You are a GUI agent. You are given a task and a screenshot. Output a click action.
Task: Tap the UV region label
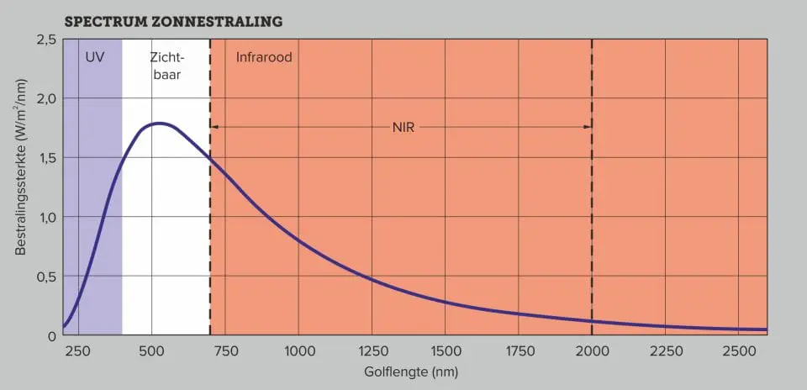pyautogui.click(x=94, y=58)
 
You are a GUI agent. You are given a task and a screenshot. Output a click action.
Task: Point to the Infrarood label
pyautogui.click(x=264, y=58)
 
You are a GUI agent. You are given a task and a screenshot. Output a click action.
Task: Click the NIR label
pyautogui.click(x=403, y=127)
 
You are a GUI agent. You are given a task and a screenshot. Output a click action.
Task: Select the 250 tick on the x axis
pyautogui.click(x=77, y=350)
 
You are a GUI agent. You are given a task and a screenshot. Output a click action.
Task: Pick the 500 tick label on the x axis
pyautogui.click(x=151, y=350)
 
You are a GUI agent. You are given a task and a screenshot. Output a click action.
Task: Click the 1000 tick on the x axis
pyautogui.click(x=298, y=350)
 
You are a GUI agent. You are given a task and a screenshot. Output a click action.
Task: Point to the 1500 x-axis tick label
pyautogui.click(x=446, y=350)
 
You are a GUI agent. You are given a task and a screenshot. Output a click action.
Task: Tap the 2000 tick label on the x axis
pyautogui.click(x=592, y=350)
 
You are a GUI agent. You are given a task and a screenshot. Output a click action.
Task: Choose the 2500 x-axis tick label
pyautogui.click(x=739, y=350)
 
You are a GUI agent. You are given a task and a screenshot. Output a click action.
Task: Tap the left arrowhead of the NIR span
pyautogui.click(x=214, y=127)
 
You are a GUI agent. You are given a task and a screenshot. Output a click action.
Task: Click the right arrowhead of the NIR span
pyautogui.click(x=588, y=127)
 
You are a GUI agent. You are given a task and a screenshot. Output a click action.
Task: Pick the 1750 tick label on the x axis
pyautogui.click(x=519, y=350)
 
